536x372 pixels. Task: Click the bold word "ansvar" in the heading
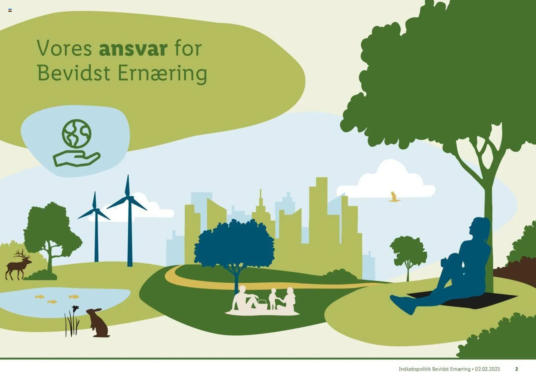coord(133,49)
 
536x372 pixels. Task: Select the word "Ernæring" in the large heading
coord(162,73)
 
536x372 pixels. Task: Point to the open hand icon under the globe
coord(76,159)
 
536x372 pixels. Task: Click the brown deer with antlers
coord(18,265)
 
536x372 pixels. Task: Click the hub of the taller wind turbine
coord(128,198)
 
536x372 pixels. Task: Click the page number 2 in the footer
coord(516,369)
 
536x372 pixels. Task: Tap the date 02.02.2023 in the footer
coord(487,369)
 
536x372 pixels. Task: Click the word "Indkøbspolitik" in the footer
coord(415,369)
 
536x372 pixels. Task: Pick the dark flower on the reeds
coord(75,308)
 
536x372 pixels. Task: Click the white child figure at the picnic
coord(273,299)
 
